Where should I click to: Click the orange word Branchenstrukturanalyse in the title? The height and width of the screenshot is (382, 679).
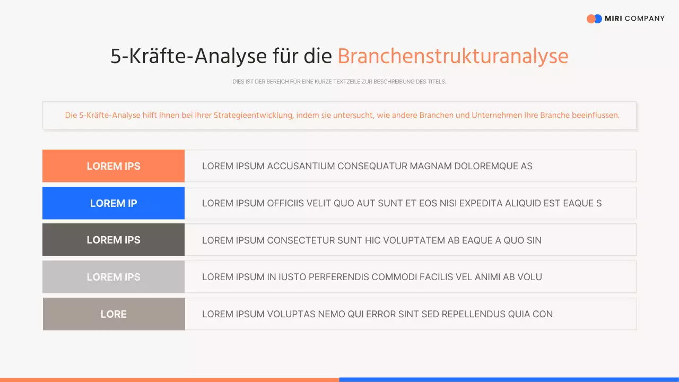[452, 56]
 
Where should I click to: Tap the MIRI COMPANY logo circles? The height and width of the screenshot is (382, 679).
[594, 19]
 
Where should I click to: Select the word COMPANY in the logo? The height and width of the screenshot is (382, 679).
[645, 19]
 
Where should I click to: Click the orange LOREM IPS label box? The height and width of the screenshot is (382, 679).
[114, 166]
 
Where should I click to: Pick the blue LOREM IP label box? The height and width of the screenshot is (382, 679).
[114, 203]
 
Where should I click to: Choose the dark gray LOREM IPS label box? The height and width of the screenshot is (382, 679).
[114, 240]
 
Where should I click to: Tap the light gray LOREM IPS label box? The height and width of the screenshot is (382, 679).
[114, 277]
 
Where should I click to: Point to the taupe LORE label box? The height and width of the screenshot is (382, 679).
[114, 314]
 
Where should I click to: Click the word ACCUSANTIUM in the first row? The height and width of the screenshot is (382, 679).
[301, 166]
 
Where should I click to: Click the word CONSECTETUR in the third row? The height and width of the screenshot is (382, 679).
[301, 240]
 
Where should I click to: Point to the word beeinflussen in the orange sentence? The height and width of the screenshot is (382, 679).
[595, 115]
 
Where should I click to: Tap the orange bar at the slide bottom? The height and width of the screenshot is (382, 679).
[170, 379]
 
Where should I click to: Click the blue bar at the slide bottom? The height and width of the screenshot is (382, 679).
[509, 379]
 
